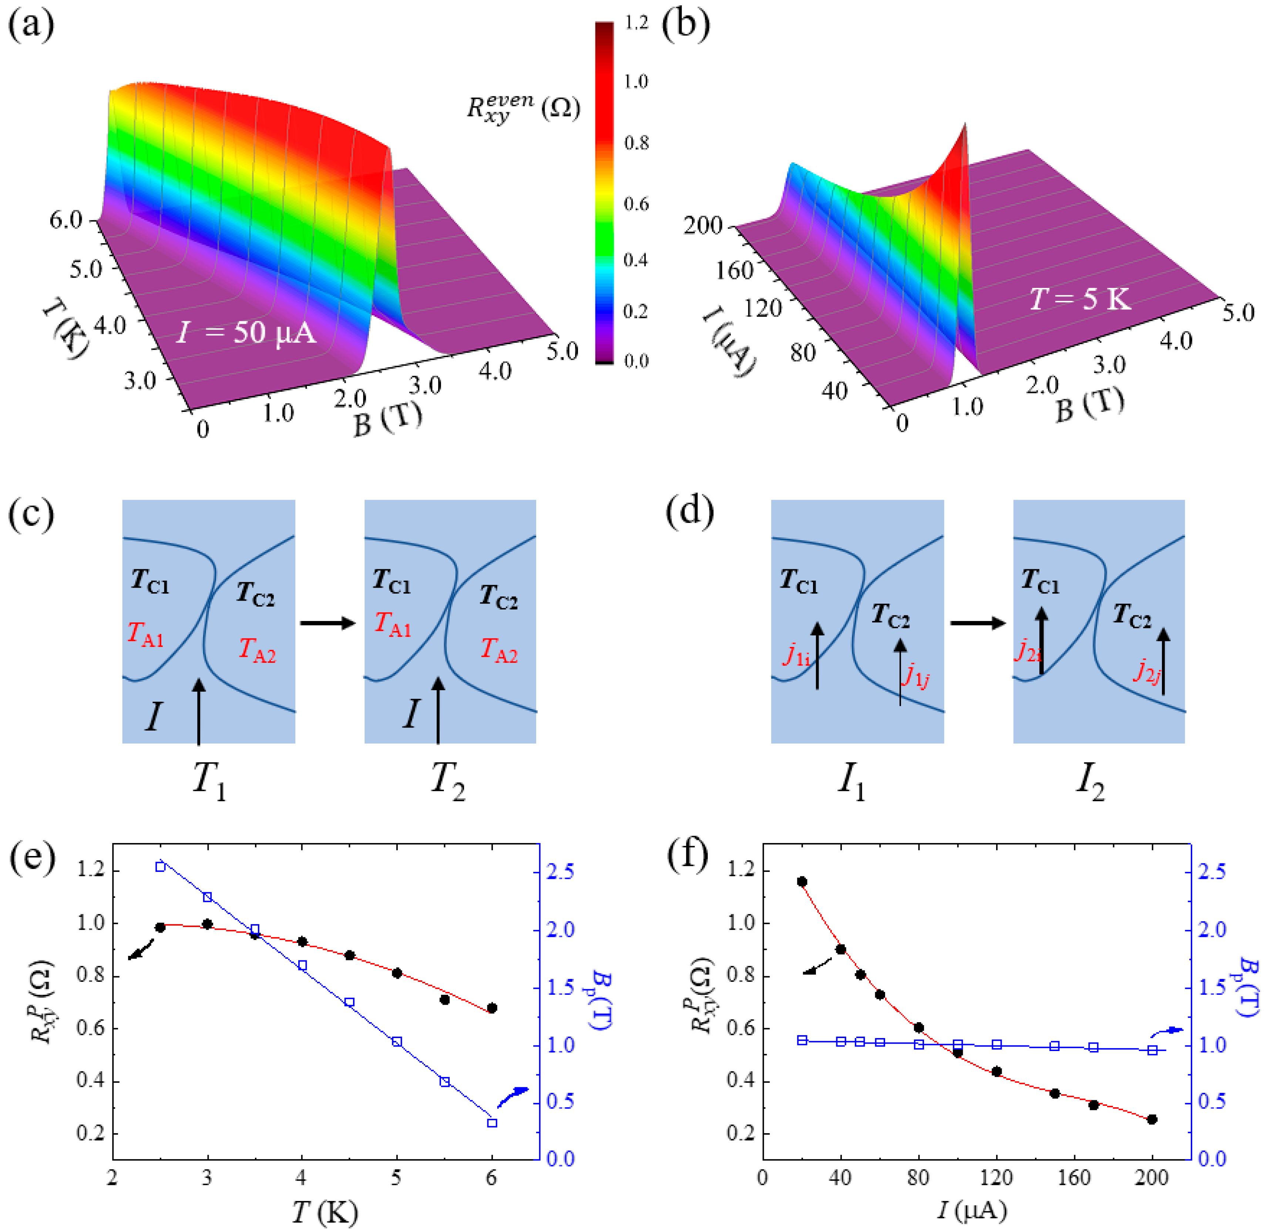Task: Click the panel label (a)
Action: point(30,26)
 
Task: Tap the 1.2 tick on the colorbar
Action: point(636,23)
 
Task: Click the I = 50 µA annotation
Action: point(246,333)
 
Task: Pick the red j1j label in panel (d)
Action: point(916,675)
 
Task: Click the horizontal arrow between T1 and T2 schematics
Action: point(328,623)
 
